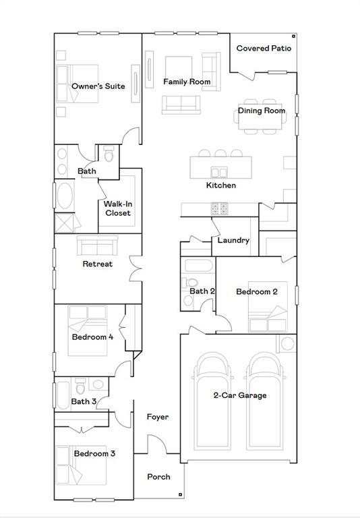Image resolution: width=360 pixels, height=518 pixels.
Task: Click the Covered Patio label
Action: pyautogui.click(x=264, y=49)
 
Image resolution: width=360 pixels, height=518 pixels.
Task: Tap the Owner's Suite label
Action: pyautogui.click(x=98, y=86)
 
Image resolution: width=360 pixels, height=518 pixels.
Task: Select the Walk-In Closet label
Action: pyautogui.click(x=118, y=208)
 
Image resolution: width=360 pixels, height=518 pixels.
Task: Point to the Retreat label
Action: pyautogui.click(x=98, y=264)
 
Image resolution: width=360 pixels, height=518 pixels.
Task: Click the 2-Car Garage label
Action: pyautogui.click(x=240, y=395)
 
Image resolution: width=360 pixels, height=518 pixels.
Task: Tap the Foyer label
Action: pyautogui.click(x=158, y=417)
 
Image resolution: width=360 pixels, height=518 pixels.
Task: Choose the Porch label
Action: pyautogui.click(x=158, y=477)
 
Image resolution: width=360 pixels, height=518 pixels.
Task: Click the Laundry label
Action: pyautogui.click(x=233, y=240)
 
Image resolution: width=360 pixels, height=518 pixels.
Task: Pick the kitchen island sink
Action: pyautogui.click(x=219, y=172)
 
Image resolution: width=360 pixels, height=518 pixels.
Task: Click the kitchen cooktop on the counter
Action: pyautogui.click(x=219, y=208)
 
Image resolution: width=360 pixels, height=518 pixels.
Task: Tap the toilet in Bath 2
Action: pyautogui.click(x=189, y=283)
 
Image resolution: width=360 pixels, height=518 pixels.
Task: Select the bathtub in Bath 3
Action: pyautogui.click(x=63, y=395)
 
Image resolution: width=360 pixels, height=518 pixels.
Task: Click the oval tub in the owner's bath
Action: pyautogui.click(x=65, y=196)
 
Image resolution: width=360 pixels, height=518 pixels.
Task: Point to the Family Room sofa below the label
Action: pyautogui.click(x=181, y=105)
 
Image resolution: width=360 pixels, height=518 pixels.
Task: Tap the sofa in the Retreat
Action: pyautogui.click(x=98, y=245)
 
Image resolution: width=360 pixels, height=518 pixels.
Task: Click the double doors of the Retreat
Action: pyautogui.click(x=135, y=268)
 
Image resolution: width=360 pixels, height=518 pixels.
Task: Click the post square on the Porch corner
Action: pyautogui.click(x=180, y=494)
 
